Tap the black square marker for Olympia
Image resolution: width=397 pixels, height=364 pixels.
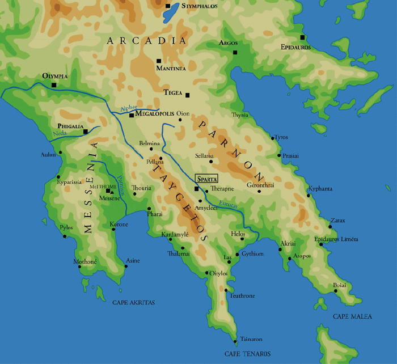coord(54,85)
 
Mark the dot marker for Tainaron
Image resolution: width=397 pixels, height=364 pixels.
coord(235,341)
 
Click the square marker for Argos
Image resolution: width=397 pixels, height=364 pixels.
coord(235,53)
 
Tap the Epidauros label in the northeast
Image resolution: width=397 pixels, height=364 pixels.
coord(295,47)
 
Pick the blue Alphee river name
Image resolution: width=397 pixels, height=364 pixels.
coord(129,107)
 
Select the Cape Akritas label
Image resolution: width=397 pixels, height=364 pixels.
coord(133,303)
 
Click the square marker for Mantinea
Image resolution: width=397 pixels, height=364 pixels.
coord(159,61)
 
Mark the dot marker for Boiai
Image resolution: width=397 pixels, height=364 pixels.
coord(336,291)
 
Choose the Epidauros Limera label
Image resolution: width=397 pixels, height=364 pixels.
coord(336,239)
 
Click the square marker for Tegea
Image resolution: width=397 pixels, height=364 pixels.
coord(188,95)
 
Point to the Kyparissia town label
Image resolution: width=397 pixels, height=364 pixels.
coord(70,183)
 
